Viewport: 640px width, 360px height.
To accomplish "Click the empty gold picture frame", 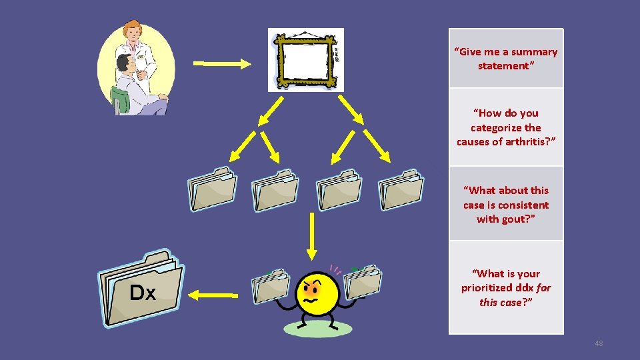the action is click(305, 59).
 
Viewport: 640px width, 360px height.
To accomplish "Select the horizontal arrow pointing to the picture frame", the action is click(222, 64).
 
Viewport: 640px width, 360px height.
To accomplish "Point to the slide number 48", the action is click(598, 343).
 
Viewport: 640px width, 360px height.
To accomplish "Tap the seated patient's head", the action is click(124, 65).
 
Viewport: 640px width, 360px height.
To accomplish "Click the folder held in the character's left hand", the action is click(269, 285).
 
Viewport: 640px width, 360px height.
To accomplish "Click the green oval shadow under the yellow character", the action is click(317, 328).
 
